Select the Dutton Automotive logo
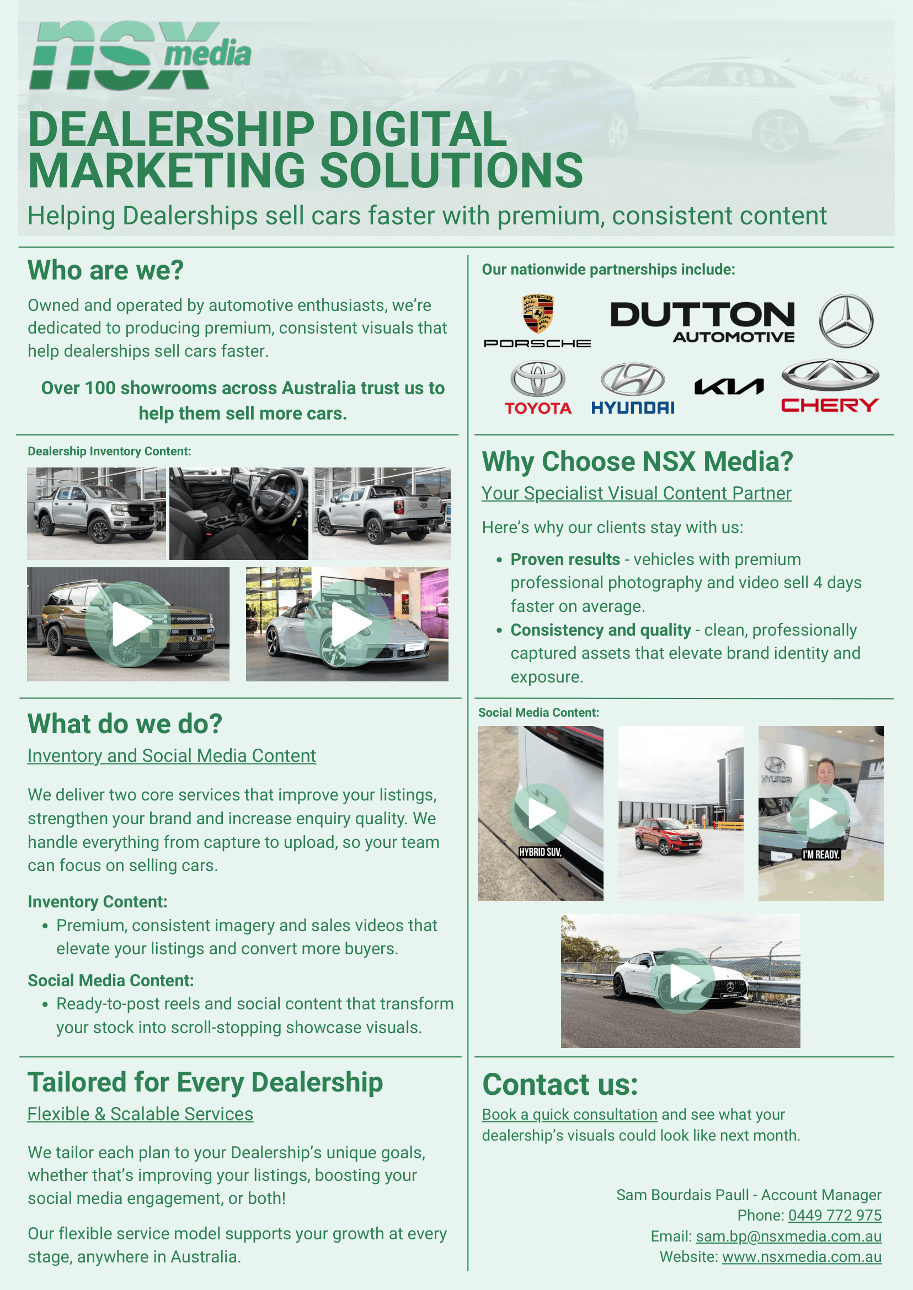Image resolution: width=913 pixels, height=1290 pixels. click(x=702, y=322)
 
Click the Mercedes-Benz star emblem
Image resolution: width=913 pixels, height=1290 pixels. click(x=846, y=321)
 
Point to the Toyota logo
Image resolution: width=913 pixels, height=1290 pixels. click(x=537, y=387)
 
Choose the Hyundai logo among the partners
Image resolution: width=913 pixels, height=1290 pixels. click(x=632, y=388)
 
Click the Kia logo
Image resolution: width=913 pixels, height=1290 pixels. click(x=729, y=386)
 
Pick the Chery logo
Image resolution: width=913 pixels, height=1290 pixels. click(x=830, y=386)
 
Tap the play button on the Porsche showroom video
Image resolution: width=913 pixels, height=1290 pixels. click(x=348, y=623)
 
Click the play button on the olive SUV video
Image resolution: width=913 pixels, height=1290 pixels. click(x=129, y=623)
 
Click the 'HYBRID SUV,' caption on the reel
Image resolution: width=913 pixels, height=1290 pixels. click(x=540, y=852)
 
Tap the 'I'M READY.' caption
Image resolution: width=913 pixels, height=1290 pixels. click(x=821, y=854)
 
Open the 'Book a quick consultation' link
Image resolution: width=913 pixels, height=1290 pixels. click(x=569, y=1114)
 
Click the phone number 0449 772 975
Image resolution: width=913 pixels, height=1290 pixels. click(x=834, y=1215)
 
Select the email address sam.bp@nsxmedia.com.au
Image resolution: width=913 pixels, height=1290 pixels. click(x=788, y=1236)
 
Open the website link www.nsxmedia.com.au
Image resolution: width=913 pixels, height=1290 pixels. click(x=801, y=1256)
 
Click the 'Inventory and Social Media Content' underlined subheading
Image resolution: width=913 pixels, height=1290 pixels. click(x=172, y=756)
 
